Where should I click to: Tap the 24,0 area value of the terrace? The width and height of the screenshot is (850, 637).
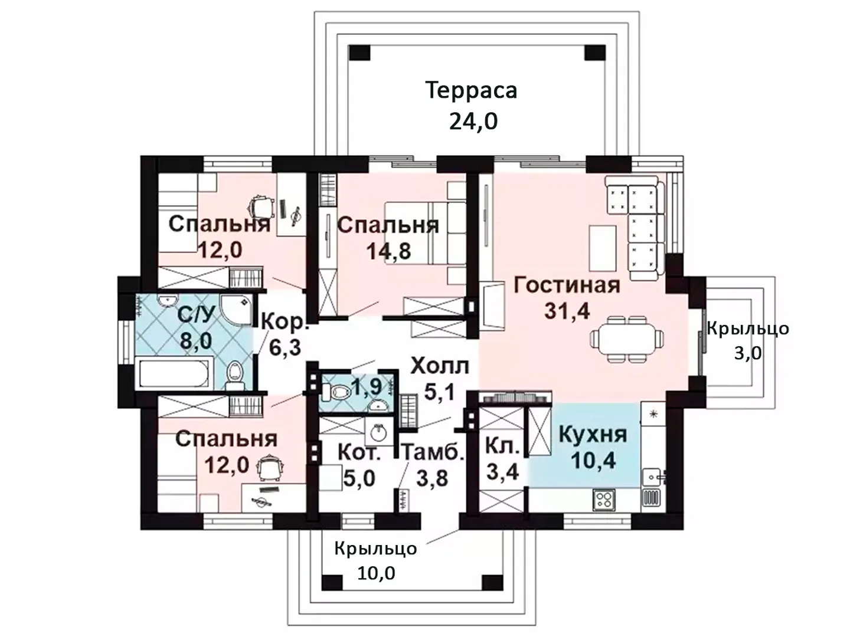(473, 122)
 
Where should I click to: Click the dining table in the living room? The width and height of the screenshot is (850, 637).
(626, 340)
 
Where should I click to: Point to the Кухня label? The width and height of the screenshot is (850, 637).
(593, 435)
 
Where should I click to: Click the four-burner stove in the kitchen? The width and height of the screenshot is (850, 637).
(604, 500)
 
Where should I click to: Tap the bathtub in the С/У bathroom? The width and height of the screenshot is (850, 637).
(175, 372)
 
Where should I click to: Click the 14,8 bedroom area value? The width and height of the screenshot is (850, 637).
(388, 251)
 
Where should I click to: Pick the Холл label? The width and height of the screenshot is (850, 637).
(440, 366)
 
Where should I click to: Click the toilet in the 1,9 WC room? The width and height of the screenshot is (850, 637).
(334, 393)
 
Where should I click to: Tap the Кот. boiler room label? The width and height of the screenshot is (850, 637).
(359, 452)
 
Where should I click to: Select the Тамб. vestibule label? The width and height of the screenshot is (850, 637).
(433, 452)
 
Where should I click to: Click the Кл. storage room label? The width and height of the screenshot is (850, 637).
(503, 446)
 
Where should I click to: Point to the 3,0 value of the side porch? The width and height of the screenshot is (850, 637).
(748, 353)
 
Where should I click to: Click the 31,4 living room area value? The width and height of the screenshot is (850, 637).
(567, 311)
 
